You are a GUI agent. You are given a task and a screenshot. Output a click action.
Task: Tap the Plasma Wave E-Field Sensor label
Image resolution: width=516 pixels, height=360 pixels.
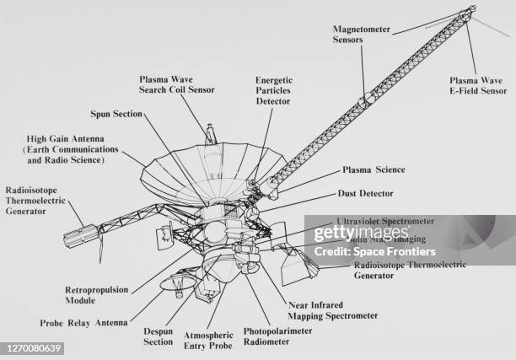481,85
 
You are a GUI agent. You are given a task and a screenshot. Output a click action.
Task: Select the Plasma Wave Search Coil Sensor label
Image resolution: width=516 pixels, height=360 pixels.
177,84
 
